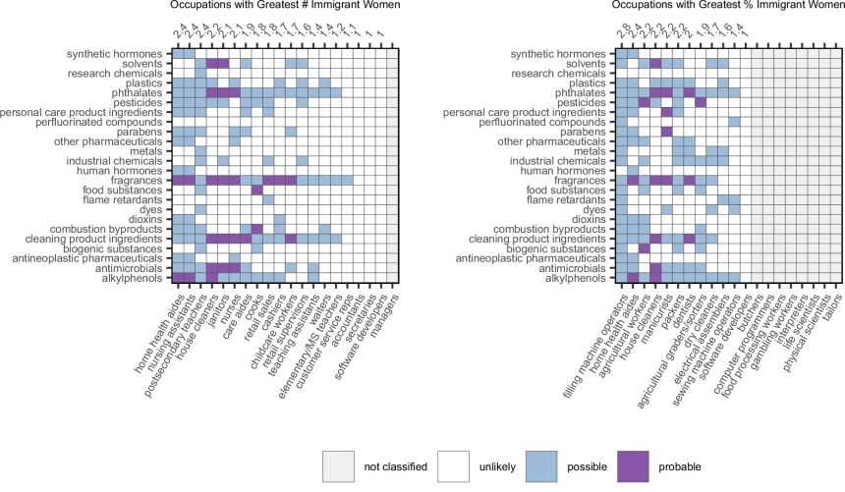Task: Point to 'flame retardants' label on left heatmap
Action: coord(129,199)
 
